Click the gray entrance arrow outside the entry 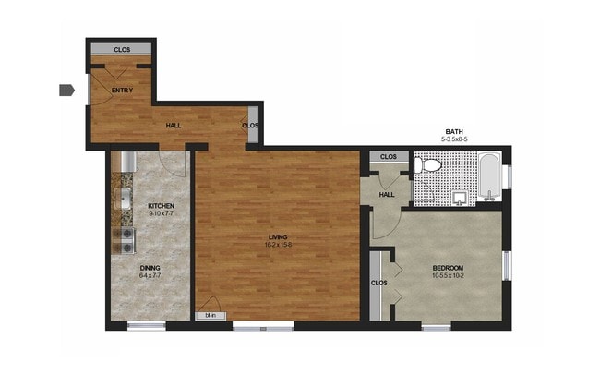66,90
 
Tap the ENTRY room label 122,90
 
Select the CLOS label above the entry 122,50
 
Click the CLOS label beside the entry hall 249,126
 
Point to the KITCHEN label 162,205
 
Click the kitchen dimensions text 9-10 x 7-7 162,213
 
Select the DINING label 150,268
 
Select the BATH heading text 454,132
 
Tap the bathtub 489,176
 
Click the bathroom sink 461,197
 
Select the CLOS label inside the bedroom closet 378,283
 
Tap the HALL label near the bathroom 388,194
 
